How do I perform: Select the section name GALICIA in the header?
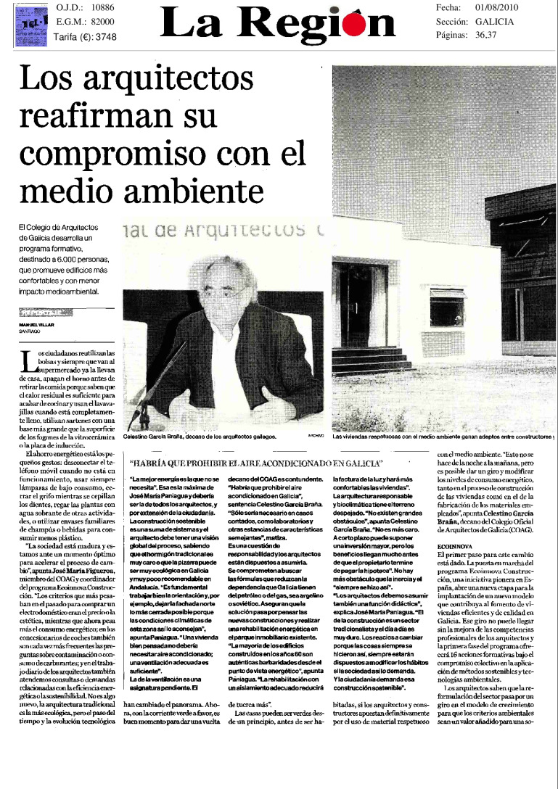[495, 21]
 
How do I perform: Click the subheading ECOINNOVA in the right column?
[456, 548]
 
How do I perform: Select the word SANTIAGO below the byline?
[29, 330]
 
